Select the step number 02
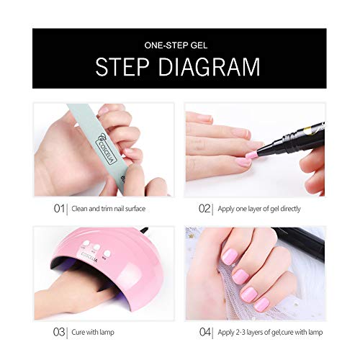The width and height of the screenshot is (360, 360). tap(204, 210)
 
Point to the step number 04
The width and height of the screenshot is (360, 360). tap(205, 333)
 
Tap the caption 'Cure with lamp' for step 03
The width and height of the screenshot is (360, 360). tap(91, 333)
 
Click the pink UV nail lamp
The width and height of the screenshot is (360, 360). tap(108, 266)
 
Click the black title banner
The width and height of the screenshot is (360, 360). tap(179, 58)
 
